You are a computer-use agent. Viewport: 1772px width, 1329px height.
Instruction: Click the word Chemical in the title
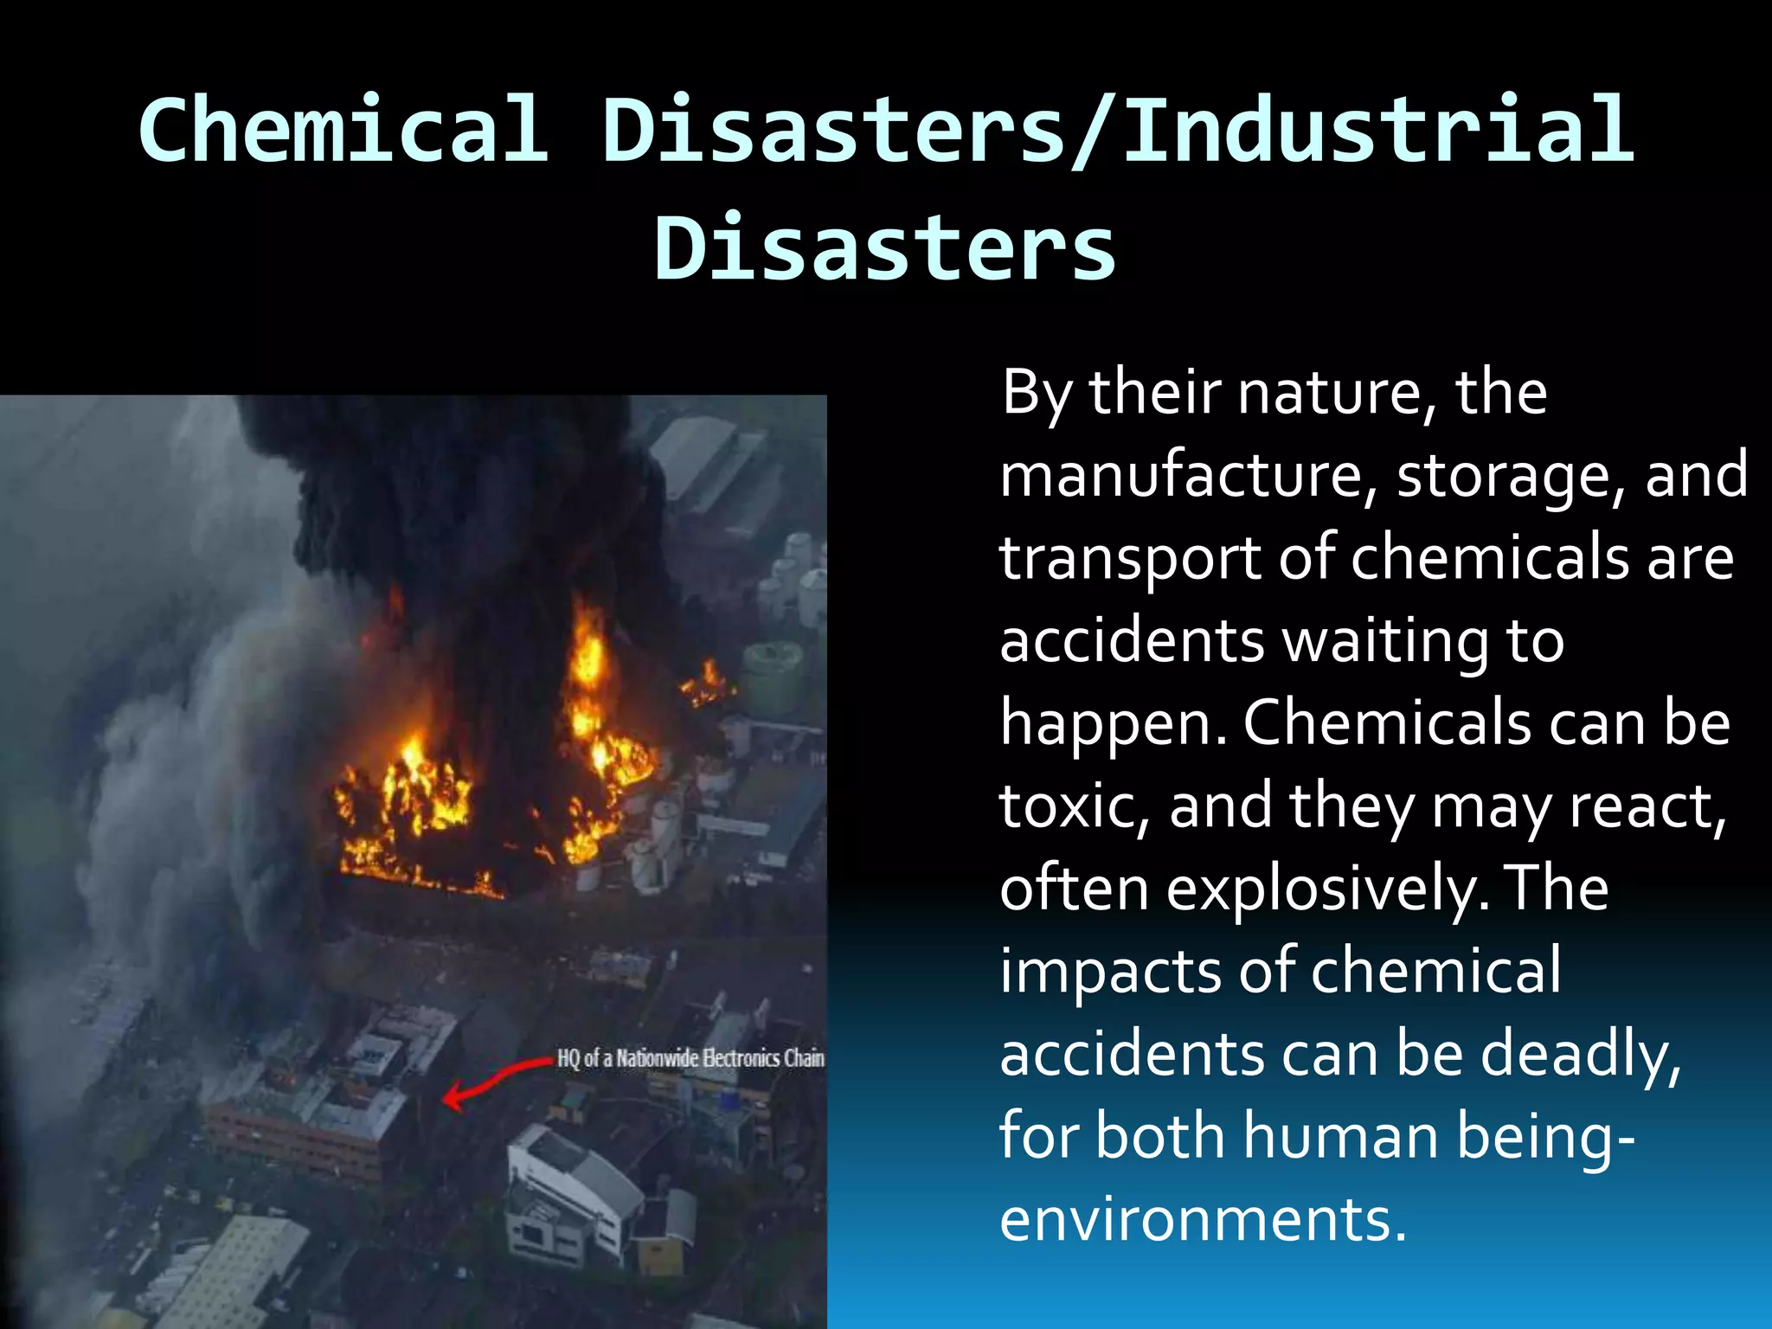click(x=344, y=130)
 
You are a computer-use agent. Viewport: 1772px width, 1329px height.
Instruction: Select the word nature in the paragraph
click(x=1329, y=394)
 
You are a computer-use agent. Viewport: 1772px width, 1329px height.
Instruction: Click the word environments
click(x=1203, y=1219)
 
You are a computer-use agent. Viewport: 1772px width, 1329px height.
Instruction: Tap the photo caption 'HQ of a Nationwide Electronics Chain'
click(x=690, y=1058)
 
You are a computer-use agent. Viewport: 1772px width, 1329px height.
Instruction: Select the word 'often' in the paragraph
click(x=1074, y=889)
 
